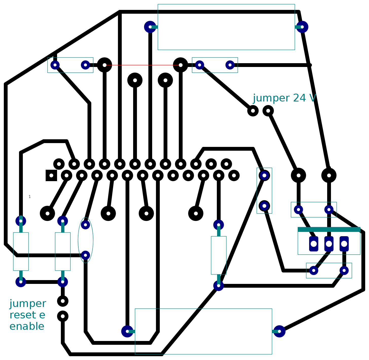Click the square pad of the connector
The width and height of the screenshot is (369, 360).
51,176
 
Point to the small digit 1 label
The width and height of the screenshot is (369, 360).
30,197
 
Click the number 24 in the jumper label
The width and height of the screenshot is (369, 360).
299,98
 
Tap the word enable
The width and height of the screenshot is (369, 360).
27,327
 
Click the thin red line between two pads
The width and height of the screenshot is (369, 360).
143,65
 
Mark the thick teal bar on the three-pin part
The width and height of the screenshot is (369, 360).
329,230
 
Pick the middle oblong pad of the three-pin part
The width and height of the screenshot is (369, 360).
329,244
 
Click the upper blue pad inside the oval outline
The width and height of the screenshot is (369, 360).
85,225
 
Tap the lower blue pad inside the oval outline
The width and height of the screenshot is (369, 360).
85,255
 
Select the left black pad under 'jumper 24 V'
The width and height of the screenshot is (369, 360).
253,111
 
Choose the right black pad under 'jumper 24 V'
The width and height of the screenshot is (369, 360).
268,111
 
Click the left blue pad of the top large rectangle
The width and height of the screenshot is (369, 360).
150,27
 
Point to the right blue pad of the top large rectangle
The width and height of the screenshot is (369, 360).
302,27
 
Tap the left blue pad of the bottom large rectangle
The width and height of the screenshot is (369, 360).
127,331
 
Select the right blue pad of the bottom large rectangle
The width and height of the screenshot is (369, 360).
279,331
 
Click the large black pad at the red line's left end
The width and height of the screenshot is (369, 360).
104,65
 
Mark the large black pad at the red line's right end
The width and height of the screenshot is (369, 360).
181,65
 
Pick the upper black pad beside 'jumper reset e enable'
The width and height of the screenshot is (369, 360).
63,301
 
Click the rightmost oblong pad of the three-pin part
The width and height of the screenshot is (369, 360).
344,244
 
